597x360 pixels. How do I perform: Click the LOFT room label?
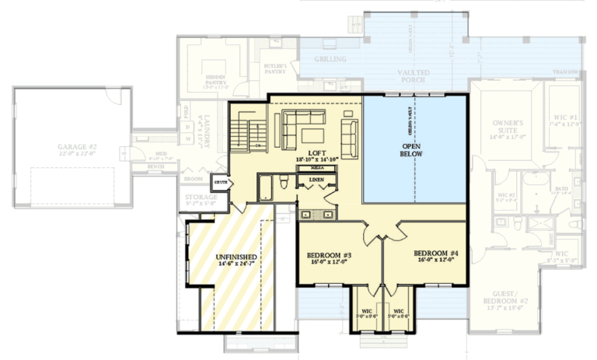click(x=316, y=152)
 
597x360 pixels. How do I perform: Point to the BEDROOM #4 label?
click(x=436, y=253)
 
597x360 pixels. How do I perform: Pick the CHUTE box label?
click(x=221, y=183)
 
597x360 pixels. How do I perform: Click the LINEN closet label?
click(x=316, y=180)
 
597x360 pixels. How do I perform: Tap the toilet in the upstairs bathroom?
click(x=285, y=183)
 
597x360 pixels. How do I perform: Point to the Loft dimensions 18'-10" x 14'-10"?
click(x=316, y=160)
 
